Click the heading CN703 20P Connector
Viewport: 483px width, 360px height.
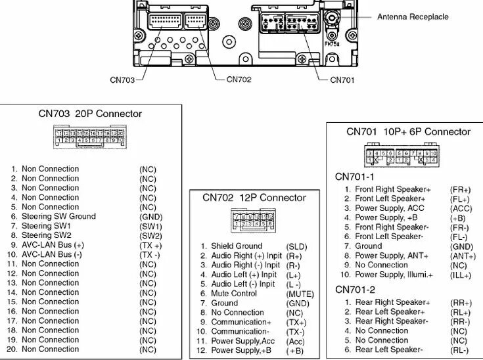[90, 113]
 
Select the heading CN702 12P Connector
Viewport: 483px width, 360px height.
[254, 198]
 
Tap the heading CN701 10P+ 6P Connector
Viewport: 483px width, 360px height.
[408, 131]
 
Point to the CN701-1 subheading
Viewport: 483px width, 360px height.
[356, 177]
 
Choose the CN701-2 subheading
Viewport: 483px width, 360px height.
[356, 290]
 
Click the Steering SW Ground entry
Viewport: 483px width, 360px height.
[58, 216]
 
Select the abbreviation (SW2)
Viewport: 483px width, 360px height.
[150, 235]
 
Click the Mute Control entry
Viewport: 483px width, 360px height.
[234, 294]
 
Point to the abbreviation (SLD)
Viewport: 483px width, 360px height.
[296, 246]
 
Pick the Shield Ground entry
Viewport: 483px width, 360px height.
[236, 246]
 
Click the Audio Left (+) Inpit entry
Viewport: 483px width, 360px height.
[244, 275]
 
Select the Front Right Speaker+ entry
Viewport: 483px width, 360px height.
[393, 189]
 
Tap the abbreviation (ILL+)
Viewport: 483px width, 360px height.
[460, 275]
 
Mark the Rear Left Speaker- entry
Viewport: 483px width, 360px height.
[389, 349]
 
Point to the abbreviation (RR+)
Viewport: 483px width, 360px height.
[460, 303]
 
